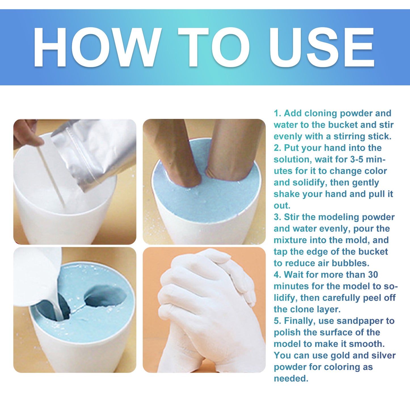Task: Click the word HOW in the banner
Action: click(96, 47)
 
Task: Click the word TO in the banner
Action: click(213, 47)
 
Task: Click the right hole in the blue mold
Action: click(105, 297)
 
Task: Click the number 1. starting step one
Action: click(277, 113)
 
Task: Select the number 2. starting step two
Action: click(277, 148)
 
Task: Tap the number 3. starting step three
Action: click(277, 217)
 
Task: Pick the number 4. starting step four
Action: click(277, 275)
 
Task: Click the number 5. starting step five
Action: click(277, 321)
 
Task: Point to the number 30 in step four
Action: click(373, 275)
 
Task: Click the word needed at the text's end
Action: click(291, 379)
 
